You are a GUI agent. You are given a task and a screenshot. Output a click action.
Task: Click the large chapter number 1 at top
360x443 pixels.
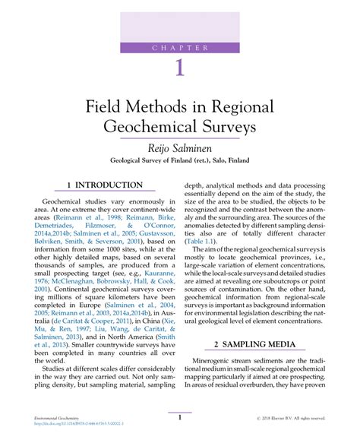(180, 68)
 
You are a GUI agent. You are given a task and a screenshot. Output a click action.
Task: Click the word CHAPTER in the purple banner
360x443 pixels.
(180, 48)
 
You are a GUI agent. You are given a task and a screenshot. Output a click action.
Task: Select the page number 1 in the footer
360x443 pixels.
(180, 416)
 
